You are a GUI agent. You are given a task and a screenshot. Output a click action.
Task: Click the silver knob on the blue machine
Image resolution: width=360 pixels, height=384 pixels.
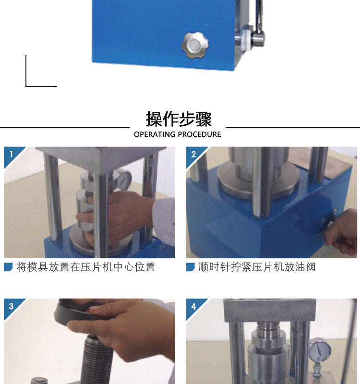[x=195, y=45]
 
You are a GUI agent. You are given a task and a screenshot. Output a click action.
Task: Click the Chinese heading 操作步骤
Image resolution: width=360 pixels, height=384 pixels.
[x=179, y=119]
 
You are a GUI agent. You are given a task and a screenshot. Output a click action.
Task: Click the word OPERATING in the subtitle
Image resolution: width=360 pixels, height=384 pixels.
[x=155, y=134]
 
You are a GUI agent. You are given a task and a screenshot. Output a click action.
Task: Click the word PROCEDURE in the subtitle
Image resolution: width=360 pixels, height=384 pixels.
[x=199, y=134]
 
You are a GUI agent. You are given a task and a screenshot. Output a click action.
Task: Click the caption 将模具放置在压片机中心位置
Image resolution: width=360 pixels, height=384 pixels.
[x=86, y=267]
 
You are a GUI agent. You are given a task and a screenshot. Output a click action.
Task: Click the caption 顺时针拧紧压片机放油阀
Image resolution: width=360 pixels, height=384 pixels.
[x=257, y=267]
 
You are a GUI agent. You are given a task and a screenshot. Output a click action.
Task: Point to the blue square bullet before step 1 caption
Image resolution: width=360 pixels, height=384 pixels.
[x=8, y=267]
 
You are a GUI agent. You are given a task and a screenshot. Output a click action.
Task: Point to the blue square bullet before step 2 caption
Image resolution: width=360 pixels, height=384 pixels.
[x=190, y=267]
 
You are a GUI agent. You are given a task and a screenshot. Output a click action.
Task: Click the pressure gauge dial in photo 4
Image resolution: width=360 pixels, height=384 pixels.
[x=320, y=350]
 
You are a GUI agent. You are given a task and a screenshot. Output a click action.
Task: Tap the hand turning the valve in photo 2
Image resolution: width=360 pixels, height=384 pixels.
[x=342, y=231]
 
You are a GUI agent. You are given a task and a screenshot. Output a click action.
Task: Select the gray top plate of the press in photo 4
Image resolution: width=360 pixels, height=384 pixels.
[x=270, y=310]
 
